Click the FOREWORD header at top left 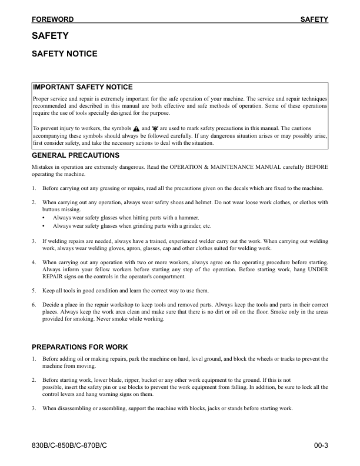[x=53, y=19]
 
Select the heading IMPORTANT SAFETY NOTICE [x=83, y=88]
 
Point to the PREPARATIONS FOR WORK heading [x=79, y=347]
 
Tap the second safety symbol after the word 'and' [x=155, y=128]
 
